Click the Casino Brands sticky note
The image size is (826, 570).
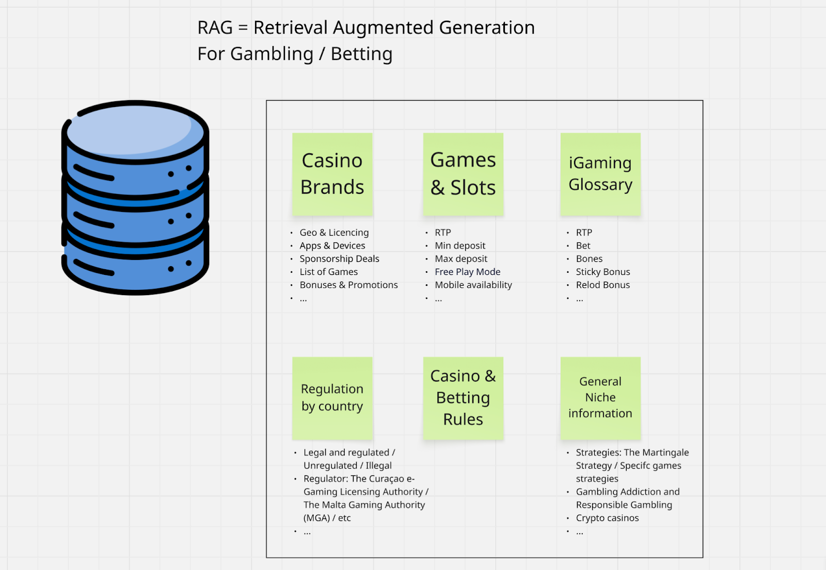332,174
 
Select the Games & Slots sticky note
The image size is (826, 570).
463,174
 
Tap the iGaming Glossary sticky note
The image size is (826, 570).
600,174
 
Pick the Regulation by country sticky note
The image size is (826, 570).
332,397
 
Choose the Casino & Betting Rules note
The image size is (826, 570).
463,397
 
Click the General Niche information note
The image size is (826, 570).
600,397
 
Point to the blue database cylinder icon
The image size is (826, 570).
135,197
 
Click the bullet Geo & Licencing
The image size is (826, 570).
334,233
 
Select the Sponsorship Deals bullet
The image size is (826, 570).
339,259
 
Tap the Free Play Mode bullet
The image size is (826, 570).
467,272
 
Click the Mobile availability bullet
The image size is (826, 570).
473,285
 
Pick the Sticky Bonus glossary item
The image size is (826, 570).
602,272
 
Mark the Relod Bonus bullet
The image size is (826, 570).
602,285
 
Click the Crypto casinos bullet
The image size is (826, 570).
607,518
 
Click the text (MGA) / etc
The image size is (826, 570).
327,518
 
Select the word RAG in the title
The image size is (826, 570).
215,28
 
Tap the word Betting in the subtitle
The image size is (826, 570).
361,54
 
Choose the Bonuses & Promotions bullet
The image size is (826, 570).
348,285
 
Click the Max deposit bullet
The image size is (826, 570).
460,259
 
